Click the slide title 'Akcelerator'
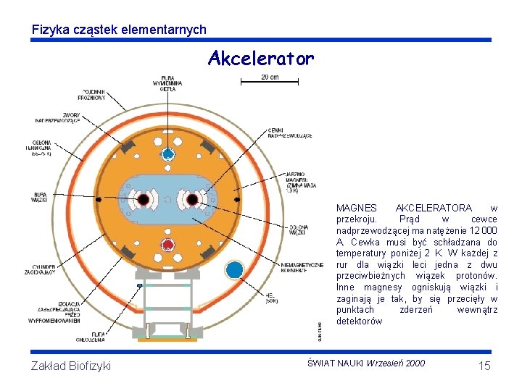[261, 58]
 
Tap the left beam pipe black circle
[144, 199]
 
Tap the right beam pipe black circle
[192, 199]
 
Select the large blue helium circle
[234, 271]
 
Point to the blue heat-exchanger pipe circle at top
[167, 154]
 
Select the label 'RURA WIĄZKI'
[39, 197]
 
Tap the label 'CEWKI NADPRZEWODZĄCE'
[289, 133]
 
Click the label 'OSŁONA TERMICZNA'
[40, 147]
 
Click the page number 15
[484, 366]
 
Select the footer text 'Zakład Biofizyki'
[71, 366]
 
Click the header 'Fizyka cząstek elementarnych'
[119, 30]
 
